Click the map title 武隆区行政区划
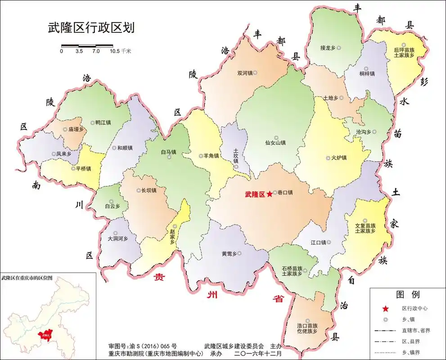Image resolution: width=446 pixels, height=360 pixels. pos(91,27)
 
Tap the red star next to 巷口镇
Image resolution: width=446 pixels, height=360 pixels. pos(269,194)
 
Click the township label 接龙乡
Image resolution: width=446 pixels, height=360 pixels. pos(328,47)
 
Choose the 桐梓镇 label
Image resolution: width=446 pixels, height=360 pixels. pos(367,74)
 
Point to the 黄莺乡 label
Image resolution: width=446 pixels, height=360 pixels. pos(229,253)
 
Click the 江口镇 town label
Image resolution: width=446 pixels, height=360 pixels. pos(318,243)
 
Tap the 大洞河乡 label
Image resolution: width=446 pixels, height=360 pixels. pos(118,238)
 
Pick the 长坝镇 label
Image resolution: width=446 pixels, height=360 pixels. pos(149,190)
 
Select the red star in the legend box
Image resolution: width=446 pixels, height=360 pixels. pos(385,309)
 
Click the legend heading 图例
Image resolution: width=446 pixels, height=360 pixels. pos(407,295)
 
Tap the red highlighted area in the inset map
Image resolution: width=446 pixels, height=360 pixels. pos(45,334)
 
